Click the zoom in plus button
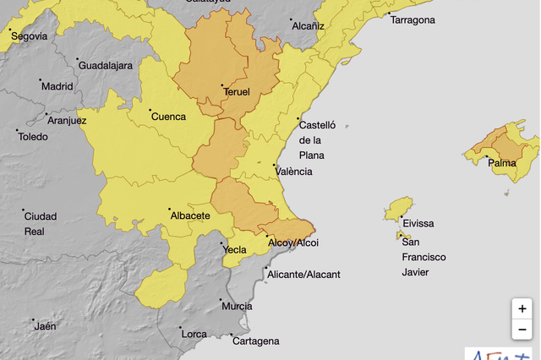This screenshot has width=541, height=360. click(522, 309)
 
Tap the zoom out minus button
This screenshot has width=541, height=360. click(522, 330)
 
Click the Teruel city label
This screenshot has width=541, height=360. click(237, 92)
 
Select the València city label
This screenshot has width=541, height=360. click(293, 172)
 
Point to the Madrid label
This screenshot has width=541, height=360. click(57, 86)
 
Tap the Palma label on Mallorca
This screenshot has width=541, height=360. click(502, 163)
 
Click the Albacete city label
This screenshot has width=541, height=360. click(190, 215)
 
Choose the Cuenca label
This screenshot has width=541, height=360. click(167, 117)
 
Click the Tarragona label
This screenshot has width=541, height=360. click(413, 20)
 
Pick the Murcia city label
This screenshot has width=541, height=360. click(237, 306)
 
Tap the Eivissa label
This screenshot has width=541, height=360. click(418, 223)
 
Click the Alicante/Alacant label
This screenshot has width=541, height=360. click(303, 275)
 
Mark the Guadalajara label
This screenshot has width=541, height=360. click(105, 65)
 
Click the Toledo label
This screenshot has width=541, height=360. click(33, 136)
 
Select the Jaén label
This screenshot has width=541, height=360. click(45, 326)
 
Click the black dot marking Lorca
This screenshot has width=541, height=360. click(179, 329)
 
